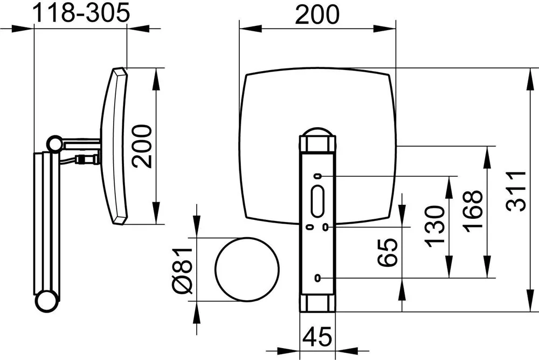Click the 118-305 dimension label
pyautogui.click(x=82, y=13)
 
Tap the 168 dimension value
pyautogui.click(x=472, y=211)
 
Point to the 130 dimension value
pyautogui.click(x=434, y=227)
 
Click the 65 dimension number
pyautogui.click(x=388, y=253)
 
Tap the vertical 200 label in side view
pyautogui.click(x=142, y=147)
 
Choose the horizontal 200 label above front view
pyautogui.click(x=317, y=15)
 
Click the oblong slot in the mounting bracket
pyautogui.click(x=317, y=201)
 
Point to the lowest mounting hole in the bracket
pyautogui.click(x=317, y=278)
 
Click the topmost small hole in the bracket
pyautogui.click(x=317, y=176)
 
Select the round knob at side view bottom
pyautogui.click(x=46, y=301)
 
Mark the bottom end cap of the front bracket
pyautogui.click(x=317, y=302)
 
